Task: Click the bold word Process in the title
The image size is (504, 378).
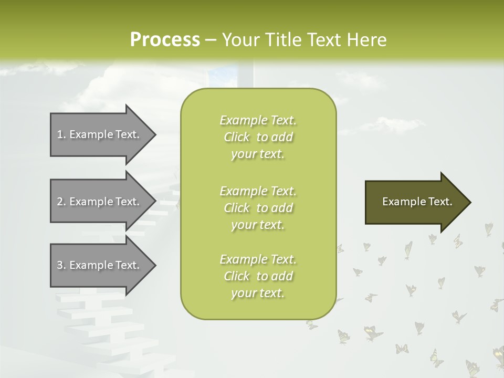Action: [165, 40]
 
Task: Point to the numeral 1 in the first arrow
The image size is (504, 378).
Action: [60, 134]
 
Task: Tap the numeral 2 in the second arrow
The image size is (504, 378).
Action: [60, 202]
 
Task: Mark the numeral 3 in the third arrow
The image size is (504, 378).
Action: [60, 265]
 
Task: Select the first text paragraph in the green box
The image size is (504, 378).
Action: [258, 137]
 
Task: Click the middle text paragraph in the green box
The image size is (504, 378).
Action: [258, 208]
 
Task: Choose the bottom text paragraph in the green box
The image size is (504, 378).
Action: [258, 276]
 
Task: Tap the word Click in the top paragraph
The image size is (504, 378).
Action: [237, 137]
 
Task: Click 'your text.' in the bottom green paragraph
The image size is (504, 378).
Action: [258, 293]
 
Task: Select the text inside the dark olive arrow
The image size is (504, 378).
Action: [417, 202]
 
